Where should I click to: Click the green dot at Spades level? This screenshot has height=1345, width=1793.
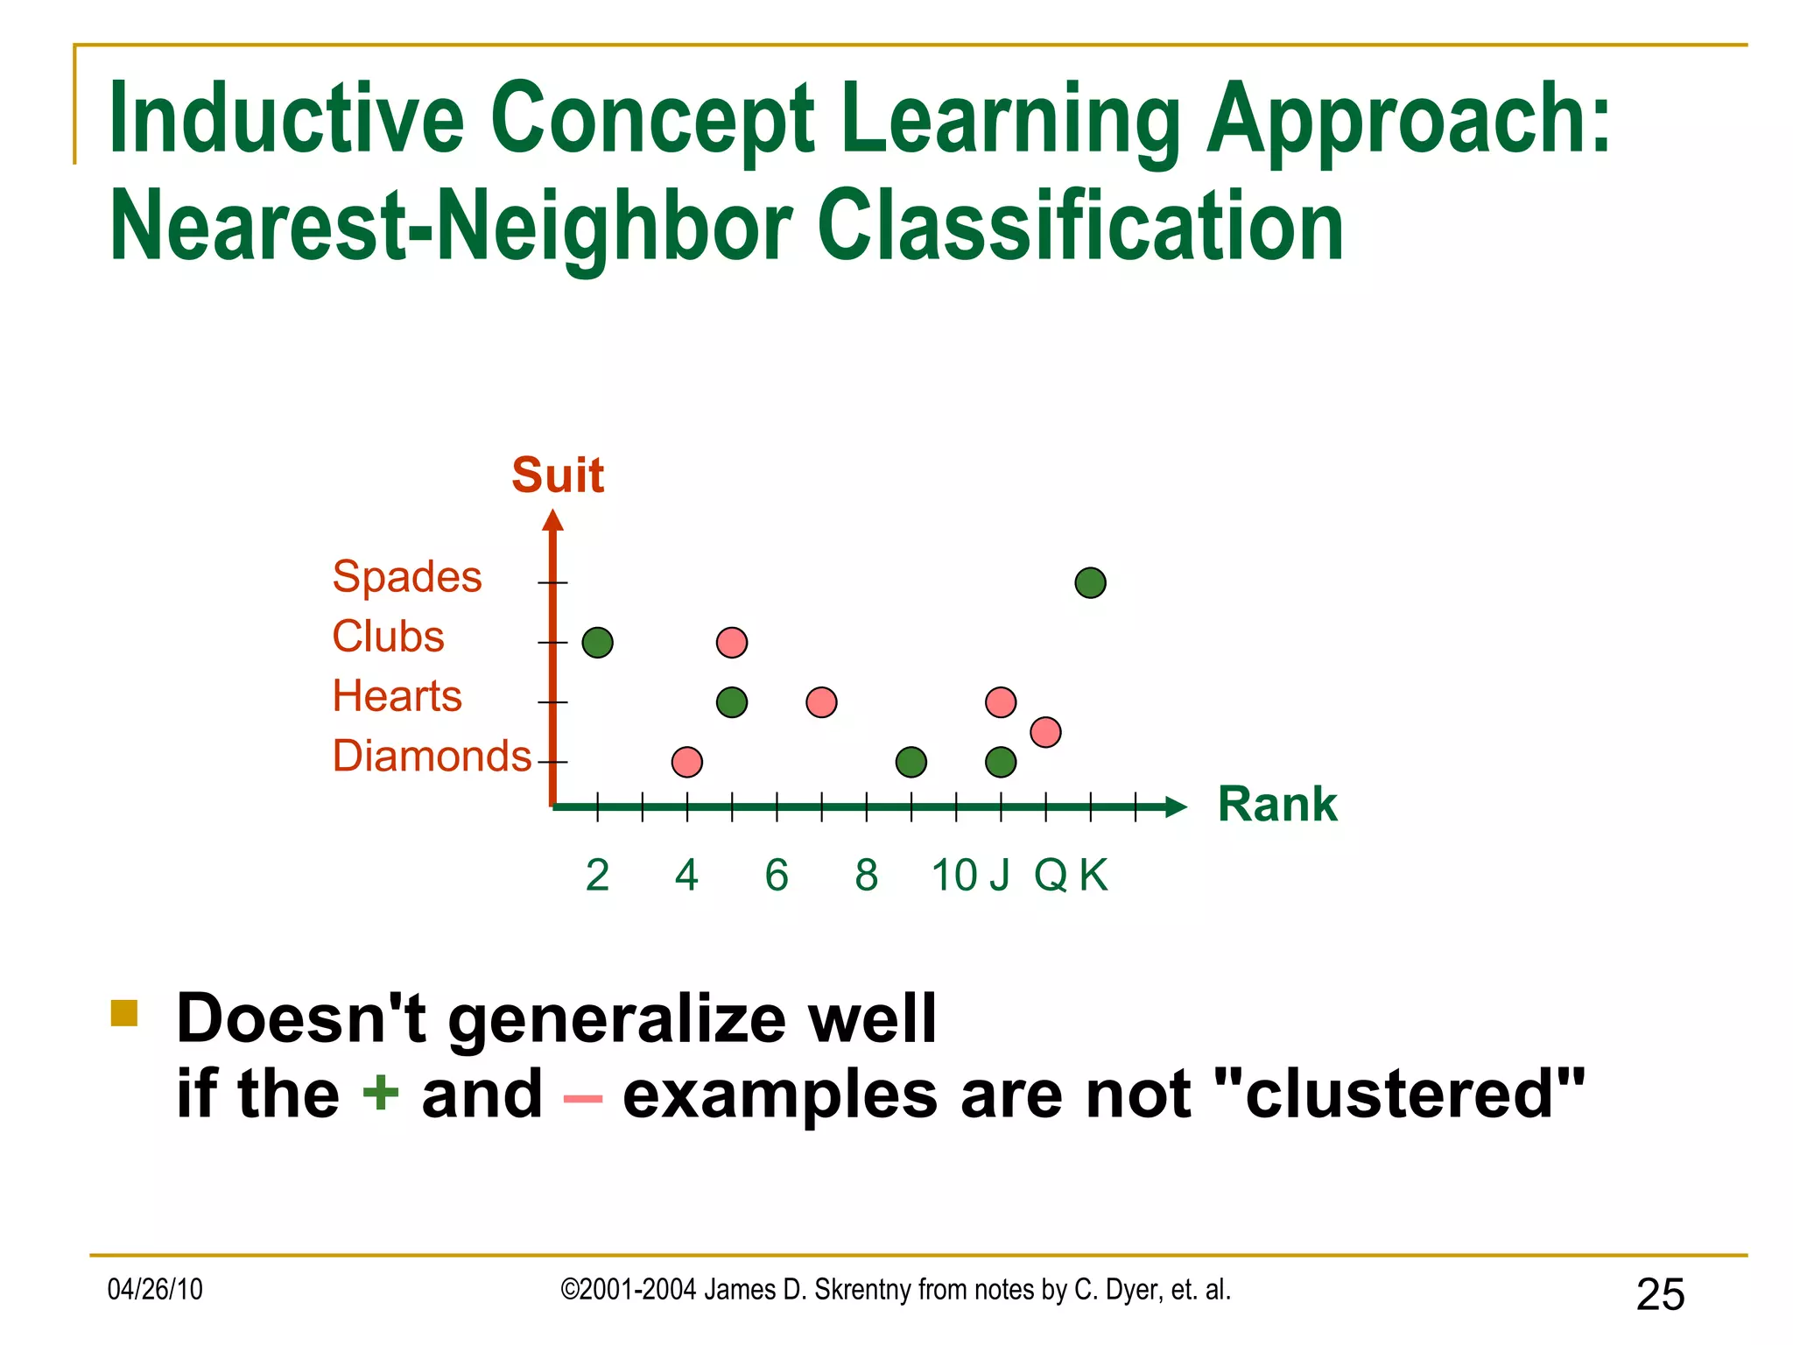pyautogui.click(x=1090, y=582)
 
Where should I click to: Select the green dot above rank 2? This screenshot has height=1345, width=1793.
pyautogui.click(x=597, y=643)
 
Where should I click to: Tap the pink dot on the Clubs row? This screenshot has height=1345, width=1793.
pyautogui.click(x=731, y=643)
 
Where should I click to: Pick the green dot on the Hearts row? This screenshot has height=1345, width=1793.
pyautogui.click(x=731, y=702)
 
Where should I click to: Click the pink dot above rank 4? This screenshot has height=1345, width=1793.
pyautogui.click(x=686, y=762)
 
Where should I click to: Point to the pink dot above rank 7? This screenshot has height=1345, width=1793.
pyautogui.click(x=821, y=702)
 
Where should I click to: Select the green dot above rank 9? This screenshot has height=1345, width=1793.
pyautogui.click(x=911, y=762)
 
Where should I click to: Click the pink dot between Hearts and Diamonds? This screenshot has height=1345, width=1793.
pyautogui.click(x=1045, y=732)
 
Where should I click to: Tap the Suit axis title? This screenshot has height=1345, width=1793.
pyautogui.click(x=558, y=475)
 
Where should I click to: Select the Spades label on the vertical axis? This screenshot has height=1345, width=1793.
pyautogui.click(x=407, y=577)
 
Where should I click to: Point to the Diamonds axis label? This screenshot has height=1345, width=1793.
pyautogui.click(x=432, y=756)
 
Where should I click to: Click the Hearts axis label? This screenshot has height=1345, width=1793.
pyautogui.click(x=397, y=696)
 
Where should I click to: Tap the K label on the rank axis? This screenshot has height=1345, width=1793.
pyautogui.click(x=1093, y=875)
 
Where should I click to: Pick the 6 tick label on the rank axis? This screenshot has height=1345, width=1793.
pyautogui.click(x=777, y=875)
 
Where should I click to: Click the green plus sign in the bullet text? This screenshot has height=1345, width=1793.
pyautogui.click(x=381, y=1093)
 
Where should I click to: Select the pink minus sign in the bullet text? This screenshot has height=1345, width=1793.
pyautogui.click(x=582, y=1098)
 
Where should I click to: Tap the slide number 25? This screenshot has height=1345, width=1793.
pyautogui.click(x=1660, y=1294)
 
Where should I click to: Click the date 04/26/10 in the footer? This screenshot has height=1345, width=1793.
pyautogui.click(x=155, y=1289)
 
